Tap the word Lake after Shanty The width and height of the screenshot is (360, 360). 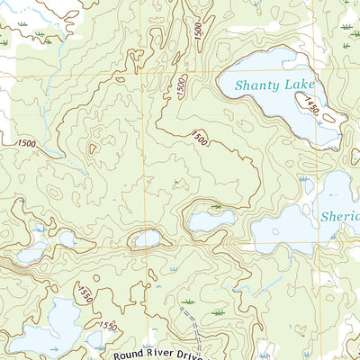click(x=300, y=85)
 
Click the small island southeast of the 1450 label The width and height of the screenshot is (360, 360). click(x=329, y=117)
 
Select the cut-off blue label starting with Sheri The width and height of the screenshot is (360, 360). click(x=340, y=217)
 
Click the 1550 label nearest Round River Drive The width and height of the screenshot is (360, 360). click(x=108, y=325)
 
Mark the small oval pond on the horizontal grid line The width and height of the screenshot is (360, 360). click(x=147, y=239)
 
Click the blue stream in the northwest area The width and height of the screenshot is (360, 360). click(x=49, y=90)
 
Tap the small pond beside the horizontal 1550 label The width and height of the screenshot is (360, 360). click(x=96, y=338)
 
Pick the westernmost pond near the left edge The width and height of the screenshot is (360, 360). click(x=29, y=255)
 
